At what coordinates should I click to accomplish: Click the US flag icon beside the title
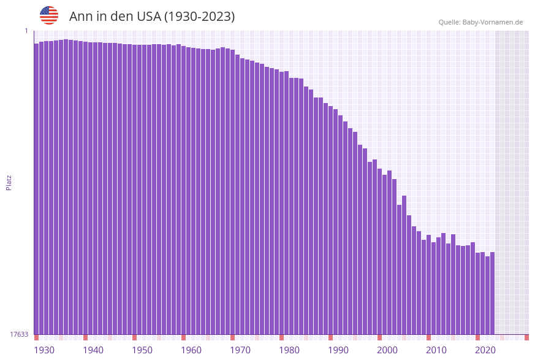click(x=49, y=15)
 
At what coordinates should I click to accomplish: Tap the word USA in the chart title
click(x=145, y=17)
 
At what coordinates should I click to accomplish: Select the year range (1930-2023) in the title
click(x=199, y=17)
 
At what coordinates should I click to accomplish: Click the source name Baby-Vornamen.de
click(x=493, y=22)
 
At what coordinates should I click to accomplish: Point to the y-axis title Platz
click(x=9, y=182)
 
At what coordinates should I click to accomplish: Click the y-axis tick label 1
click(x=26, y=31)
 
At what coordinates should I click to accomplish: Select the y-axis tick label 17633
click(x=19, y=334)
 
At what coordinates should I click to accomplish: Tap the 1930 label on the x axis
click(x=44, y=350)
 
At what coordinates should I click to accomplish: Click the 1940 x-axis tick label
click(x=93, y=350)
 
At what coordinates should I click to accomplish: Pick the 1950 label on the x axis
click(x=142, y=350)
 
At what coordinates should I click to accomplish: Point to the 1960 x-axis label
click(x=191, y=350)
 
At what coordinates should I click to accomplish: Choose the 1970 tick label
click(x=240, y=350)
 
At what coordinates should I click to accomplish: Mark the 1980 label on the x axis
click(x=289, y=350)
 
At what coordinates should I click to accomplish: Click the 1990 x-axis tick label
click(x=338, y=350)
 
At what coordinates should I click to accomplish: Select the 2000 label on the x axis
click(x=387, y=350)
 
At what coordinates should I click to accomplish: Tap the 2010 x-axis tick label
click(x=436, y=350)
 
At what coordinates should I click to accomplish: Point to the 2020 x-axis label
click(x=485, y=350)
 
